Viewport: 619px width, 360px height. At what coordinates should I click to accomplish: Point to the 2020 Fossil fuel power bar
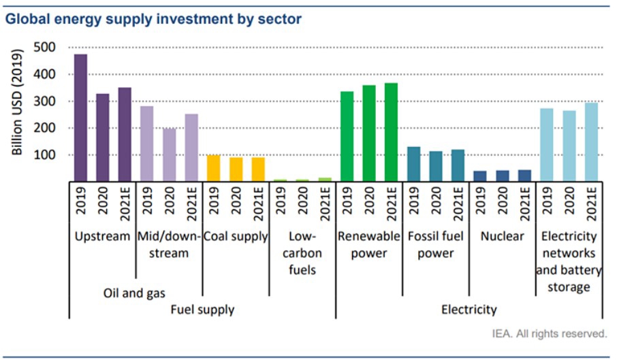click(435, 166)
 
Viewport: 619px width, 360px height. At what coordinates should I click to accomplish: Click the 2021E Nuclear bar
click(524, 176)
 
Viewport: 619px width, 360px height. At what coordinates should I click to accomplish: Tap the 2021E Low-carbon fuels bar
click(325, 180)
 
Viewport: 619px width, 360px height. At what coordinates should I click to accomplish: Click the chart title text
click(153, 19)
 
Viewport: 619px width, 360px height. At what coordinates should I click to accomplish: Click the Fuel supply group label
click(202, 310)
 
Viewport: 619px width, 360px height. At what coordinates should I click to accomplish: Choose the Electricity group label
click(469, 310)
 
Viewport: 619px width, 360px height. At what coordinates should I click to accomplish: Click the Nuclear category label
click(502, 236)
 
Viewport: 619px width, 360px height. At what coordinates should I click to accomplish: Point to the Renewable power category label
click(368, 245)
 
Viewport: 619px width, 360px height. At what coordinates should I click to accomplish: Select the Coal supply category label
click(235, 236)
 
